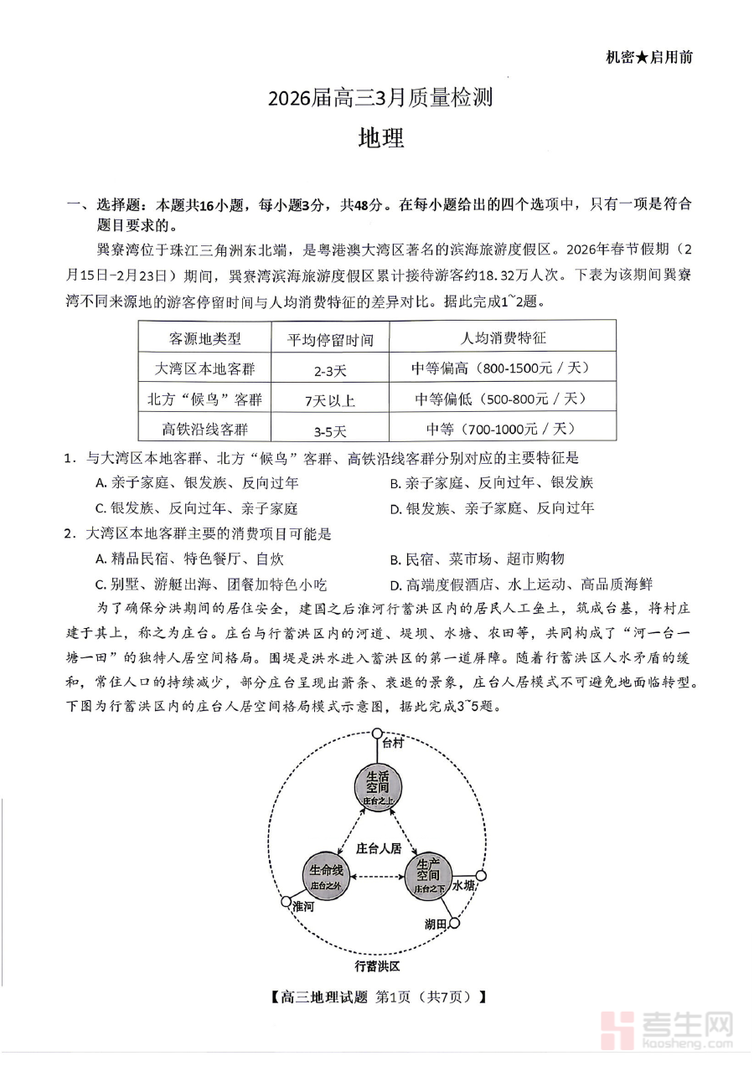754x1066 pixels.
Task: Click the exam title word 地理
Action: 380,138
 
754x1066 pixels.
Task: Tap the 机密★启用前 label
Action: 648,57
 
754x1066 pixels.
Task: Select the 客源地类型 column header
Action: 204,338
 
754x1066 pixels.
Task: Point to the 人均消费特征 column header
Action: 503,338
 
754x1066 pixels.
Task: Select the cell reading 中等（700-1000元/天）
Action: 503,429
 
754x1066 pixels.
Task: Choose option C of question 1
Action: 197,508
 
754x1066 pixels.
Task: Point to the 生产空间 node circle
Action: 428,876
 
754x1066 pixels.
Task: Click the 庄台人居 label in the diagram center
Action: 379,847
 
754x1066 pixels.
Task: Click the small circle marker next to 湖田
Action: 455,924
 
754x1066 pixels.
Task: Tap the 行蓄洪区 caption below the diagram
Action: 377,966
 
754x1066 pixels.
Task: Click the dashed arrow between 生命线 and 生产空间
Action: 377,877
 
